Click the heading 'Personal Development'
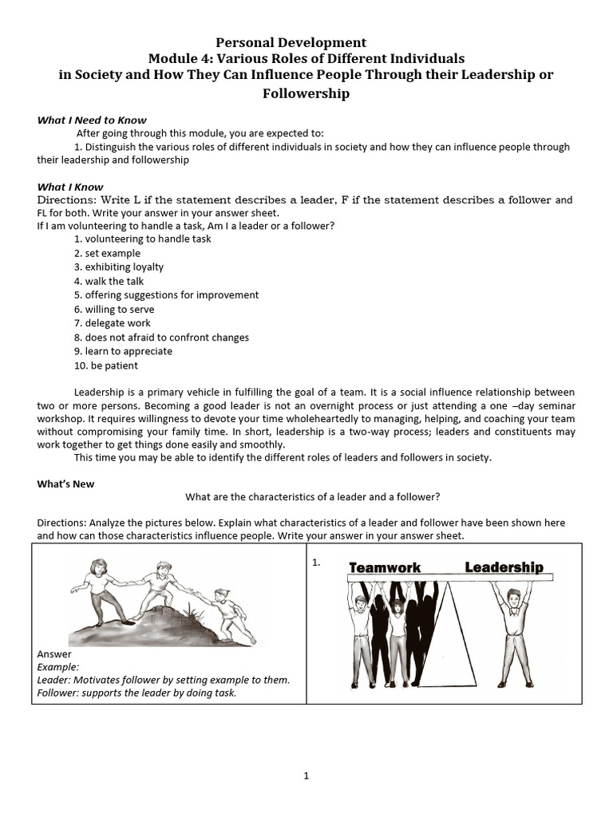(x=291, y=42)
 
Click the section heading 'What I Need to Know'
(x=92, y=120)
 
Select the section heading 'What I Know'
(x=69, y=187)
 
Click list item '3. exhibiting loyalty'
(x=118, y=267)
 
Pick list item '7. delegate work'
(x=112, y=323)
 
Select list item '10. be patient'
(x=105, y=365)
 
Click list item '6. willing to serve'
(x=114, y=309)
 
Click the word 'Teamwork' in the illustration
(x=385, y=567)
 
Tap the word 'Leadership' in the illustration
(x=504, y=567)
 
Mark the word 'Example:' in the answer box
(x=58, y=666)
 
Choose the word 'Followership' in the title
(x=306, y=93)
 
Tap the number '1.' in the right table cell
(x=317, y=562)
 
